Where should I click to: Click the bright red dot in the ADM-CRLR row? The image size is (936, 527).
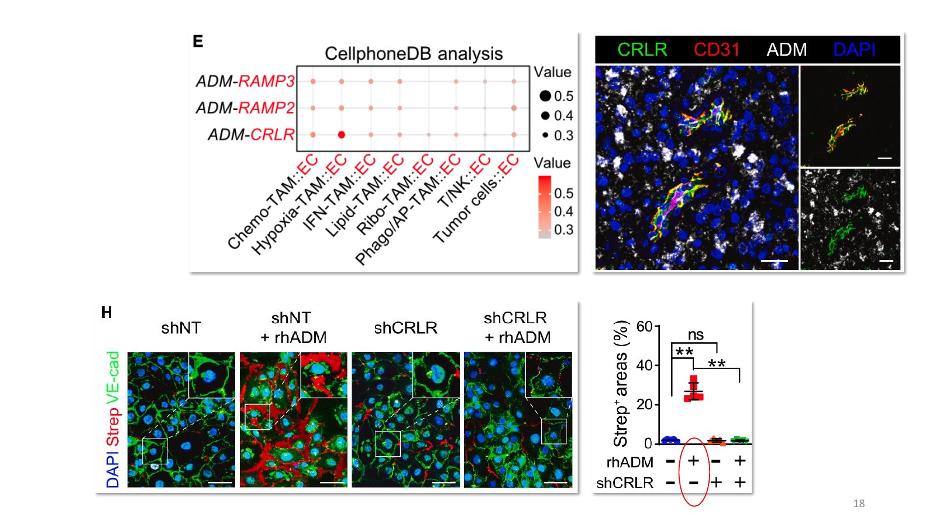click(x=342, y=135)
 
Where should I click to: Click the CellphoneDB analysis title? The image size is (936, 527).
click(x=414, y=54)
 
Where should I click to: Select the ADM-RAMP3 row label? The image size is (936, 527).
click(x=245, y=81)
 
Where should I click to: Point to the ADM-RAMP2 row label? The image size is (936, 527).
click(x=245, y=108)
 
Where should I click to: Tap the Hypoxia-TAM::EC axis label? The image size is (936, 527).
click(x=299, y=204)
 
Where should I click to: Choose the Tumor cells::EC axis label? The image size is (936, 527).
click(x=476, y=199)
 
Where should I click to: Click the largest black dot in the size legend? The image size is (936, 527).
click(x=545, y=96)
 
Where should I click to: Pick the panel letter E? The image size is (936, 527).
click(x=198, y=41)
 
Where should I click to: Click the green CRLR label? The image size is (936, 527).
click(x=642, y=50)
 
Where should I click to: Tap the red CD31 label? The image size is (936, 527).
click(x=717, y=50)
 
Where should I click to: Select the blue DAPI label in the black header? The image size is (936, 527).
click(x=854, y=50)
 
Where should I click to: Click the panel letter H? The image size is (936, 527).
click(x=106, y=313)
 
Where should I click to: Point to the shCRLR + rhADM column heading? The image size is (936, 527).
click(x=517, y=327)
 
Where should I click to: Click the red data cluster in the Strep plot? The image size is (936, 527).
click(x=694, y=389)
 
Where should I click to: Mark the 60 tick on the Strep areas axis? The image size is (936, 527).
click(x=644, y=326)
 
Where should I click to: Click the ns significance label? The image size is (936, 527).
click(x=696, y=334)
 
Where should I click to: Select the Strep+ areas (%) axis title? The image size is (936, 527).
click(x=621, y=384)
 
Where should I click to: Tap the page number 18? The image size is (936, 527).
click(x=859, y=503)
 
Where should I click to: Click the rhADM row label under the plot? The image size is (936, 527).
click(x=629, y=462)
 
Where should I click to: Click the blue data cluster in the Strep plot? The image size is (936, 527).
click(x=670, y=440)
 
